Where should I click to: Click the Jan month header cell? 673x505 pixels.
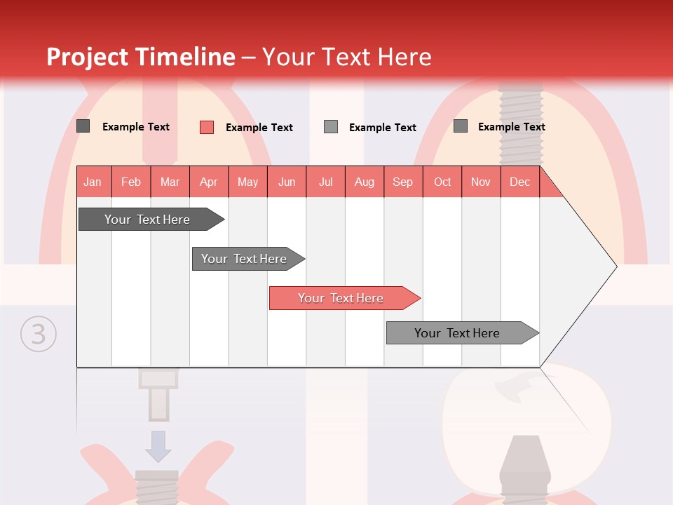pos(93,182)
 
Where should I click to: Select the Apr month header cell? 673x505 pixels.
pos(209,182)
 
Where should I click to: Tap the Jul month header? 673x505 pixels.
pos(326,182)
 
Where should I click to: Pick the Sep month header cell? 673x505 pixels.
pos(403,182)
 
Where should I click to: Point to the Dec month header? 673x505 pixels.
pos(520,182)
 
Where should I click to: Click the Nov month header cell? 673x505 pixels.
pos(481,182)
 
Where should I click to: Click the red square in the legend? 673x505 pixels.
pos(207,127)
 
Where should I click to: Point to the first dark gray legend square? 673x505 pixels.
pos(83,126)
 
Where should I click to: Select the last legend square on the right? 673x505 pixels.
pos(461,126)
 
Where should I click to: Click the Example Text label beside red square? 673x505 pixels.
pos(259,128)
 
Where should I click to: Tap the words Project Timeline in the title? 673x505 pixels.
pos(141,57)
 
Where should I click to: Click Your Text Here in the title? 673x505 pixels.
pos(346,57)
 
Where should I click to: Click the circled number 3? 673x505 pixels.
pos(38,334)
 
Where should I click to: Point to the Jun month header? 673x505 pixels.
pos(287,182)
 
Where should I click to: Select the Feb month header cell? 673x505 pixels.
pos(131,182)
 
